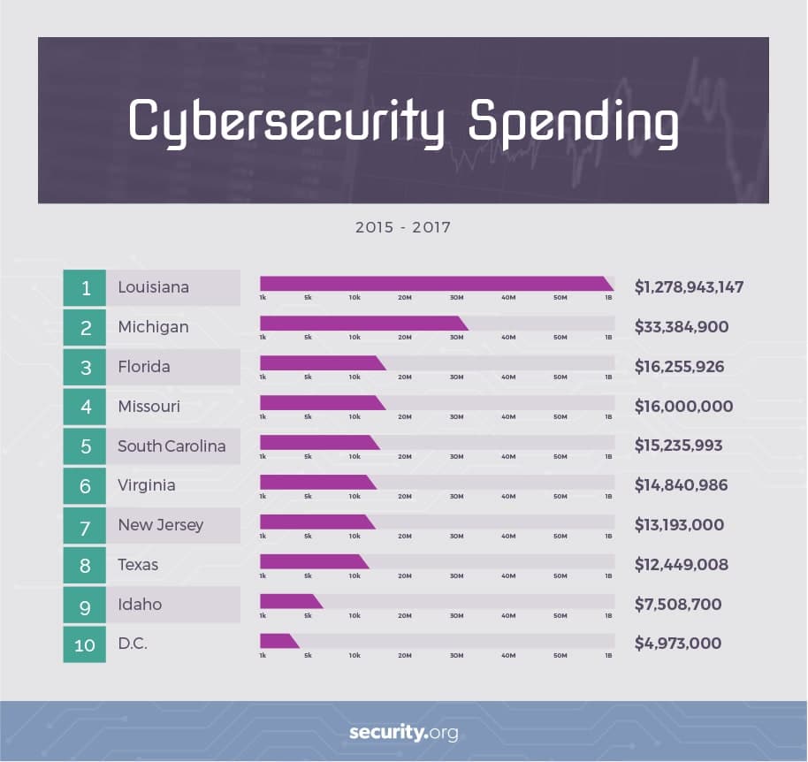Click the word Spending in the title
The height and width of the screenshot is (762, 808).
coord(573,121)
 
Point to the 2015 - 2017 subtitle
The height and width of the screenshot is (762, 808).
coord(403,227)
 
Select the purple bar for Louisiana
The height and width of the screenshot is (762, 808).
coord(435,284)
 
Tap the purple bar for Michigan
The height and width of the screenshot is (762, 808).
coord(362,324)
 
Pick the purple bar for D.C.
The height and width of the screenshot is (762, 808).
coord(278,641)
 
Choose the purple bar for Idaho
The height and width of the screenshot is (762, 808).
coord(290,601)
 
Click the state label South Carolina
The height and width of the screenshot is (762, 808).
coord(172,446)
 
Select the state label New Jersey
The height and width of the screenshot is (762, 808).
coord(160,525)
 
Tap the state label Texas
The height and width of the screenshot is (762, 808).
coord(138,565)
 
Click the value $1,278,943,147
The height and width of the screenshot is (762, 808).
coord(689,287)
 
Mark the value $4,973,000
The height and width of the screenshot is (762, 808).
coord(678,644)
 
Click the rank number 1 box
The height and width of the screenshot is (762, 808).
coord(85,287)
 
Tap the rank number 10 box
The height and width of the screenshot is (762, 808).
coord(85,644)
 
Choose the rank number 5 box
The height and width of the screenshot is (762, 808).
coord(85,446)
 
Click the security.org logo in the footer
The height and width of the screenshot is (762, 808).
coord(403,733)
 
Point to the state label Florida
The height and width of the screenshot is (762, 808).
coord(144,366)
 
